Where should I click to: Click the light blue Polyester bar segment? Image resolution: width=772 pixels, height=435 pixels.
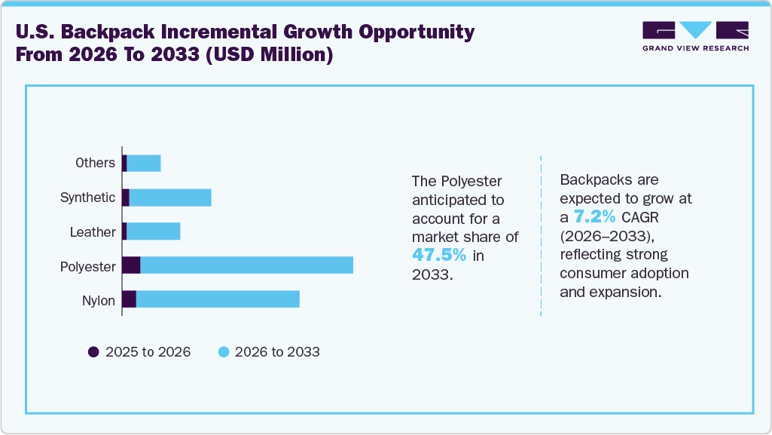(246, 265)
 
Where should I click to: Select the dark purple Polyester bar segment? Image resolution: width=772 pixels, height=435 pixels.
(131, 265)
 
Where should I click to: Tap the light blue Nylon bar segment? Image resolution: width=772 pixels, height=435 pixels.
(218, 299)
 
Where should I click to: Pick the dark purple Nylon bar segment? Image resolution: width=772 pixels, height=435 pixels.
(129, 299)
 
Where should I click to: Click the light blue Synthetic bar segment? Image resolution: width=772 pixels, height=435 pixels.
(170, 198)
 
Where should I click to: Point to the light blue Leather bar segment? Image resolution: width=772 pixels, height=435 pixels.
(154, 231)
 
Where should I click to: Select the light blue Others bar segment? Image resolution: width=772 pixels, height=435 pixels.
(144, 163)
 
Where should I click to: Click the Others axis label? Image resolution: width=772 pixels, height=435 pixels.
(95, 163)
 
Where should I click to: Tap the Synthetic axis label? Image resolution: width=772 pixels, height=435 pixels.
(87, 198)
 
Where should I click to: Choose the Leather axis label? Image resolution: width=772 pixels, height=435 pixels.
(93, 232)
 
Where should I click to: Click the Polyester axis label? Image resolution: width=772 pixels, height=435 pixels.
(88, 266)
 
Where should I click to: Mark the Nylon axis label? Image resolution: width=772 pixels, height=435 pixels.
(99, 301)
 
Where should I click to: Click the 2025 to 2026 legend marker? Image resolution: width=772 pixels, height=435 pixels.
(93, 352)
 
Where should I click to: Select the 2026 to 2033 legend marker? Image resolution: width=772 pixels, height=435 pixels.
(223, 352)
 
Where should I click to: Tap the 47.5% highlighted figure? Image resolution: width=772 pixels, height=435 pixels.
(439, 255)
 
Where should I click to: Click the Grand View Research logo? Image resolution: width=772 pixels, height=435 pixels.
(695, 35)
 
